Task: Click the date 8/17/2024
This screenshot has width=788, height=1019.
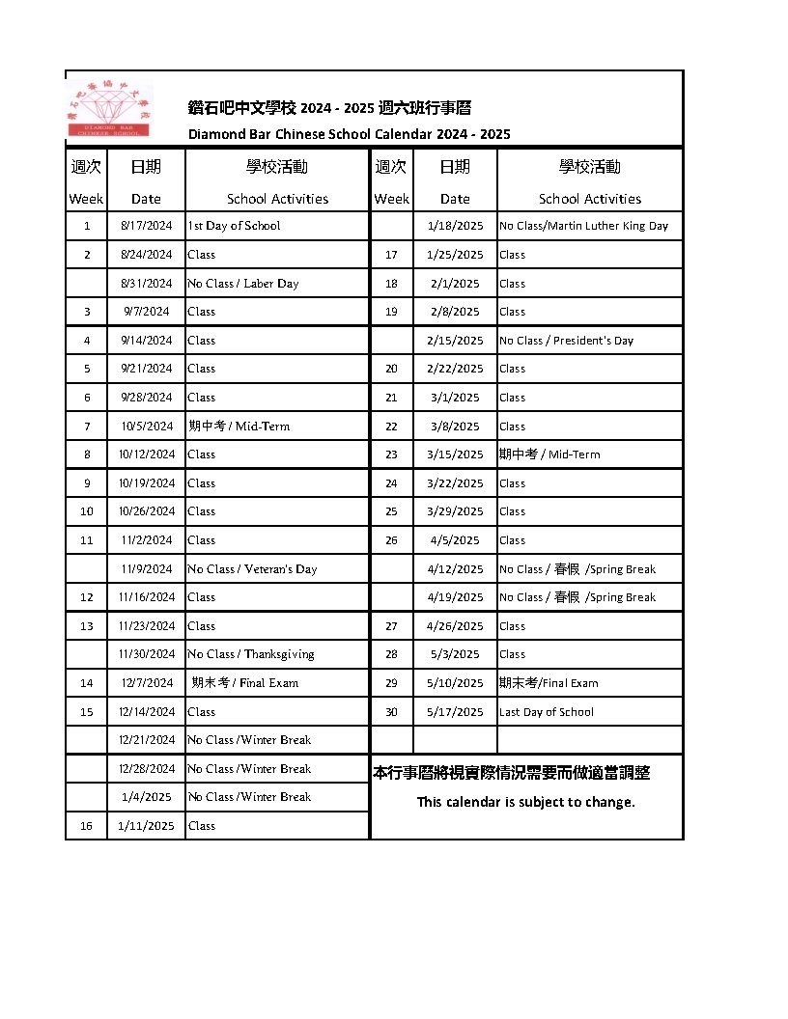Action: point(146,226)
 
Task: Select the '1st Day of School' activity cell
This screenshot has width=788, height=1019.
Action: point(234,226)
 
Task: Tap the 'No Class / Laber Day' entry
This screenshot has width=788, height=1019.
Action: point(243,284)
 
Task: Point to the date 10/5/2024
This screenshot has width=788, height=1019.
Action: point(147,427)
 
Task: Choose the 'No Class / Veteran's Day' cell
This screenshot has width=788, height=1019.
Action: point(252,569)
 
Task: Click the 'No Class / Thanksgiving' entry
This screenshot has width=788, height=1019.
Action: point(251,654)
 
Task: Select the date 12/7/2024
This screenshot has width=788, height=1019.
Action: point(148,683)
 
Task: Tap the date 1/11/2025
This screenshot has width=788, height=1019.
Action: point(147,826)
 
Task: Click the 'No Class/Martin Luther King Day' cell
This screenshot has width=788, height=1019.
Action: point(583,226)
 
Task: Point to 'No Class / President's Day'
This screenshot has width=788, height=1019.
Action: point(566,341)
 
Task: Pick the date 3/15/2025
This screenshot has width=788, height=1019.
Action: point(455,454)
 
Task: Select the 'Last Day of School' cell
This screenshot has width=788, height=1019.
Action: point(547,712)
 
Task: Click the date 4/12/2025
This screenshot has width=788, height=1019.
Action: point(455,569)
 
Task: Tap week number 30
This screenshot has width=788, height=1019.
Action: point(391,712)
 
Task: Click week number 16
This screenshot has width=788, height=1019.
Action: point(87,826)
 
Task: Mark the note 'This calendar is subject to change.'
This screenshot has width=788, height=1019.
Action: point(526,802)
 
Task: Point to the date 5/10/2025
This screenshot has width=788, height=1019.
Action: point(455,683)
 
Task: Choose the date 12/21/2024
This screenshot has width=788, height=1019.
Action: point(147,740)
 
